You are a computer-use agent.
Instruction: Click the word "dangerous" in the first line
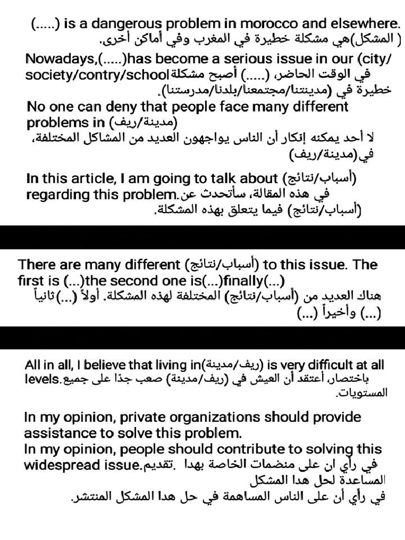click(116, 24)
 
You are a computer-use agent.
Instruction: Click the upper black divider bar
click(202, 237)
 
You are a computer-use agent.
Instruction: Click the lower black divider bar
click(202, 337)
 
